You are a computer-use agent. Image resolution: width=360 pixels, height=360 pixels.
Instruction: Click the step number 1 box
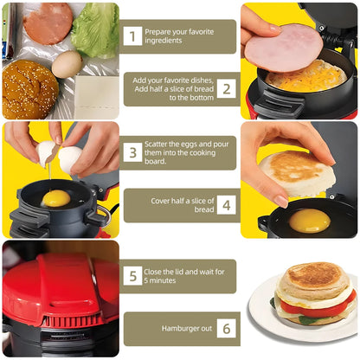coord(132,35)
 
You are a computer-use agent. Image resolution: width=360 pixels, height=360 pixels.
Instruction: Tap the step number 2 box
coord(225,88)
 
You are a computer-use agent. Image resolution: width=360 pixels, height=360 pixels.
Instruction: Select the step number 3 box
coord(132,152)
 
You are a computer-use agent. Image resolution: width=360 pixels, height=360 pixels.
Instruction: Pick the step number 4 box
coord(225,205)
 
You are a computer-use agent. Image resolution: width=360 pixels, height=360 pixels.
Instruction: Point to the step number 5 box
coord(132,276)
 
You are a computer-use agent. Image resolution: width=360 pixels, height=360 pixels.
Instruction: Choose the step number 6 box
coord(225,329)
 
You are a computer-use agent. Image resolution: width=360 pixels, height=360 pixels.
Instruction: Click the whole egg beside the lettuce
coord(67,63)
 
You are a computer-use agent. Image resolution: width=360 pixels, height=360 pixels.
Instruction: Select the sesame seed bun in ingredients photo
coord(30,88)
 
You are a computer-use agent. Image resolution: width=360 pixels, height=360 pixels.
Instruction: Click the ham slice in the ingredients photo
coord(48,22)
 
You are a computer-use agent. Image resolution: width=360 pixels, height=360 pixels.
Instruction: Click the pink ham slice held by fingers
coord(282,48)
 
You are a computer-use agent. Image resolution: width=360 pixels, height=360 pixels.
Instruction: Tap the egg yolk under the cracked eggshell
coord(56,198)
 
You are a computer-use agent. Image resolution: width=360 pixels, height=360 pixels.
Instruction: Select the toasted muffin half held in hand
coord(298,172)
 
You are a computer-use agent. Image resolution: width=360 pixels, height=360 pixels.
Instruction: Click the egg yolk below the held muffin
coord(309,221)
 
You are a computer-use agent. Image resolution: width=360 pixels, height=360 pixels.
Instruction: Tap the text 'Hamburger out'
coord(184,329)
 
